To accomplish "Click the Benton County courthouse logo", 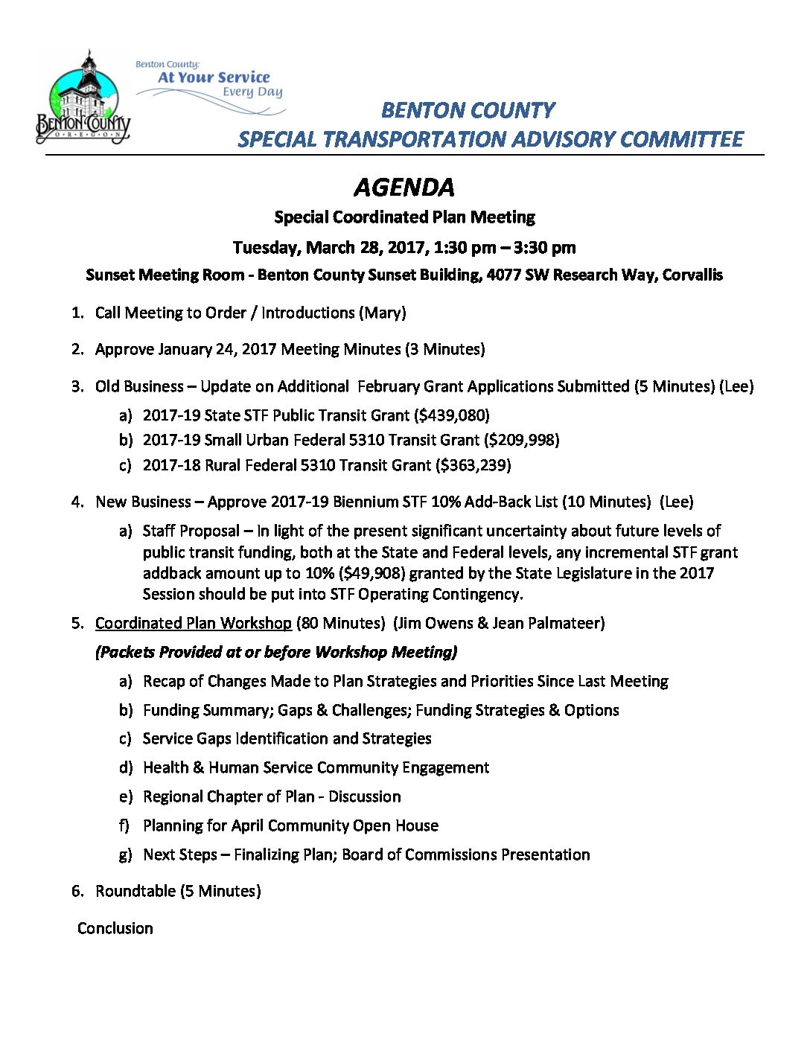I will (83, 98).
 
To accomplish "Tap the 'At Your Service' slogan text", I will (214, 77).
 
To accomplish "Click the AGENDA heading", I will (404, 188).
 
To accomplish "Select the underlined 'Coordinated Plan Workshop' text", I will (194, 623).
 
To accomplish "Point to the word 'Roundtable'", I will (135, 891).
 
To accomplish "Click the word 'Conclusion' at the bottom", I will (115, 928).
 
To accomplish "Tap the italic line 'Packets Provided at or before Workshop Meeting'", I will (276, 652).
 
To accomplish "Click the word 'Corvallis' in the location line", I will (692, 275).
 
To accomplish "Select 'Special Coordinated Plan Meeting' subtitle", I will (404, 217).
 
